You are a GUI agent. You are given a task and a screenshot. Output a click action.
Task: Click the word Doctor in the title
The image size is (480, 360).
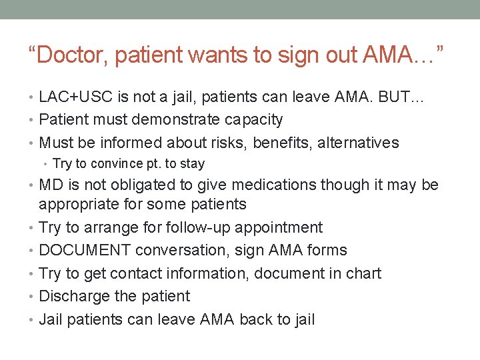[72, 55]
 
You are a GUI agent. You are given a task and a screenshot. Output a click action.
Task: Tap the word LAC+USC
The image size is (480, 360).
[75, 97]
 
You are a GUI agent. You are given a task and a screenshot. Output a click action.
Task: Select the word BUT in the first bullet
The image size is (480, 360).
[399, 97]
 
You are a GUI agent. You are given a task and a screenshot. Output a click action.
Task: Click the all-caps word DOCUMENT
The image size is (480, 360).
[85, 250]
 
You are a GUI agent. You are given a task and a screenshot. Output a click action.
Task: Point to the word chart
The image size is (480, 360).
[362, 273]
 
